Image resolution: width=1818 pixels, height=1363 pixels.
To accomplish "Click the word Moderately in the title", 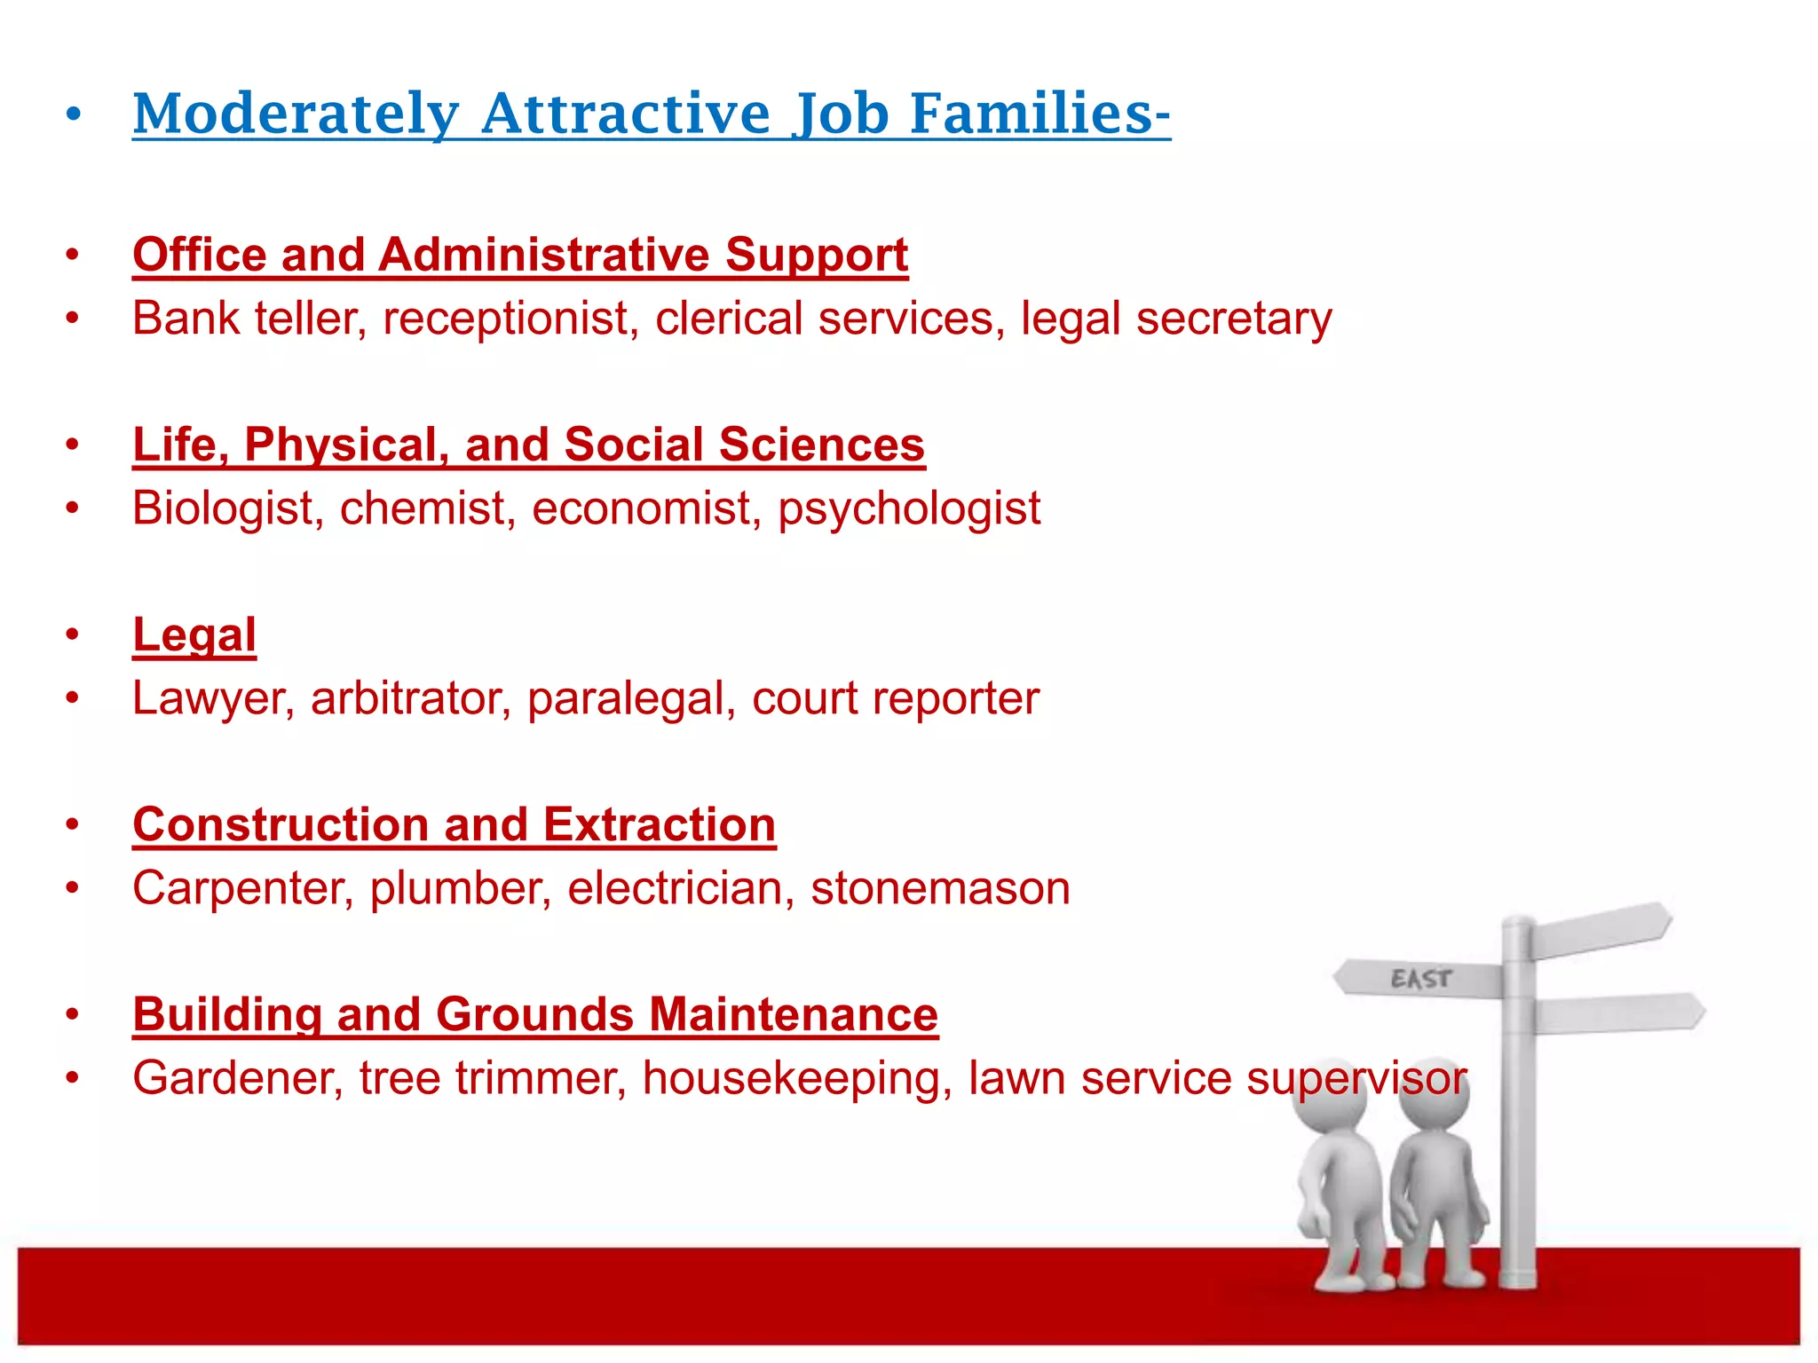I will pyautogui.click(x=296, y=115).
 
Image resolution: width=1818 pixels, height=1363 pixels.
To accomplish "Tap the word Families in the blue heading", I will pyautogui.click(x=1039, y=115).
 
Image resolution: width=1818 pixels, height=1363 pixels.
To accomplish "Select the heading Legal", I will pyautogui.click(x=194, y=635).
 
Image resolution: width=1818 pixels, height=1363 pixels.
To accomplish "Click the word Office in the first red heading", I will pyautogui.click(x=200, y=256).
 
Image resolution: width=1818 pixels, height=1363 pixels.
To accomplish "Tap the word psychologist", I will pyautogui.click(x=909, y=508).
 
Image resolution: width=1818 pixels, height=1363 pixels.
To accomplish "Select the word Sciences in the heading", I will pyautogui.click(x=821, y=445).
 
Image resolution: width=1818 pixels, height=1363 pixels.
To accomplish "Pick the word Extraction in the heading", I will pyautogui.click(x=659, y=825).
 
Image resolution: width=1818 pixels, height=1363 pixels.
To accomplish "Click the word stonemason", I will pyautogui.click(x=940, y=888).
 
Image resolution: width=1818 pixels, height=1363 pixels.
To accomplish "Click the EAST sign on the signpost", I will pyautogui.click(x=1420, y=979).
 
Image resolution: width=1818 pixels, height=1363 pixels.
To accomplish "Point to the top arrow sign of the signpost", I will pyautogui.click(x=1602, y=929).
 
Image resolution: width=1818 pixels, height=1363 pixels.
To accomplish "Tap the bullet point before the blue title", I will pyautogui.click(x=73, y=114).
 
